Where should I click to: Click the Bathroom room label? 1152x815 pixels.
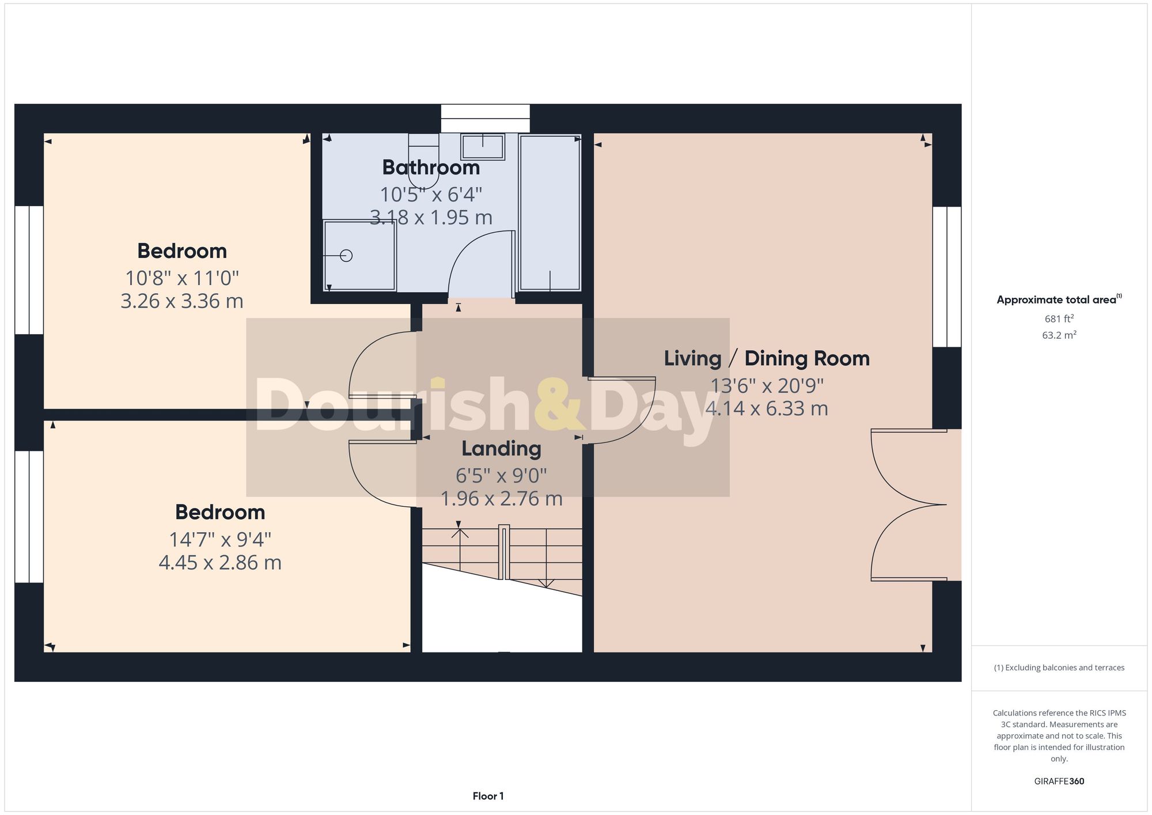[x=431, y=168]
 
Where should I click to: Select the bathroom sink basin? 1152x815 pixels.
[x=482, y=147]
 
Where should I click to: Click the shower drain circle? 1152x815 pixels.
[x=346, y=256]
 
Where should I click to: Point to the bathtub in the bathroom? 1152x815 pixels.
[x=550, y=213]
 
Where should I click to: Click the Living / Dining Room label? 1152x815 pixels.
[x=767, y=358]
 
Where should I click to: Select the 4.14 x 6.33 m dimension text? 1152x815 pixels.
[x=767, y=408]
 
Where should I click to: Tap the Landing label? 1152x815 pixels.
[x=501, y=449]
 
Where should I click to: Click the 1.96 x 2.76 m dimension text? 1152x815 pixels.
[x=501, y=498]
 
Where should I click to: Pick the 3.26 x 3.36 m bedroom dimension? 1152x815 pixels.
[x=181, y=301]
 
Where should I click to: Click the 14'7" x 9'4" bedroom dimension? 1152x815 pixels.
[x=219, y=540]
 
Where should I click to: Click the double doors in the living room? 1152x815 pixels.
[x=904, y=505]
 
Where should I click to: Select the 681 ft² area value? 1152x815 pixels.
[x=1059, y=319]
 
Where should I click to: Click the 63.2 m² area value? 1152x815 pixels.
[x=1059, y=335]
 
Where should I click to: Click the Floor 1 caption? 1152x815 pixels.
[x=488, y=796]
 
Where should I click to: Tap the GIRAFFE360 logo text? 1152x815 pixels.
[x=1059, y=781]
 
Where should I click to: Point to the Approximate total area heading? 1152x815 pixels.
[x=1059, y=300]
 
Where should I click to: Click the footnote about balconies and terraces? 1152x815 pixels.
[x=1059, y=668]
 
